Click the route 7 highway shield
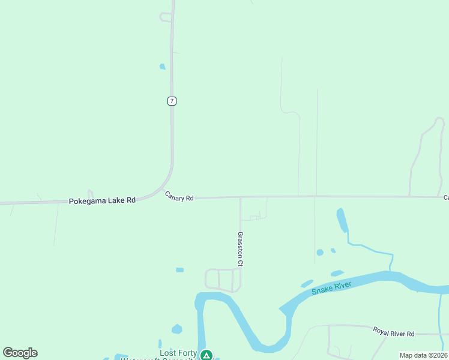pos(172,101)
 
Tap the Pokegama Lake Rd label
pos(102,201)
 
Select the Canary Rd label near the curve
pos(179,197)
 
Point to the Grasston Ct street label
pos(240,249)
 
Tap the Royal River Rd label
pos(394,332)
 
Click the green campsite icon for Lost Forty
pos(206,355)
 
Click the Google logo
pos(20,353)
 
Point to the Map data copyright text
pos(423,355)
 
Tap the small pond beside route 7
pos(162,67)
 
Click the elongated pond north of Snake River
pos(342,220)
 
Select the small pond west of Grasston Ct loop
pos(180,270)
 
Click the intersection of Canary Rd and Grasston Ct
pos(241,197)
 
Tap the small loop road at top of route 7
pos(166,17)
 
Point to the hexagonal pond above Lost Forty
pos(176,329)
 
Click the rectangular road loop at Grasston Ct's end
pos(223,280)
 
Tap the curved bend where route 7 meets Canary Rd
pos(167,181)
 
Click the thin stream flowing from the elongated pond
pos(372,248)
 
